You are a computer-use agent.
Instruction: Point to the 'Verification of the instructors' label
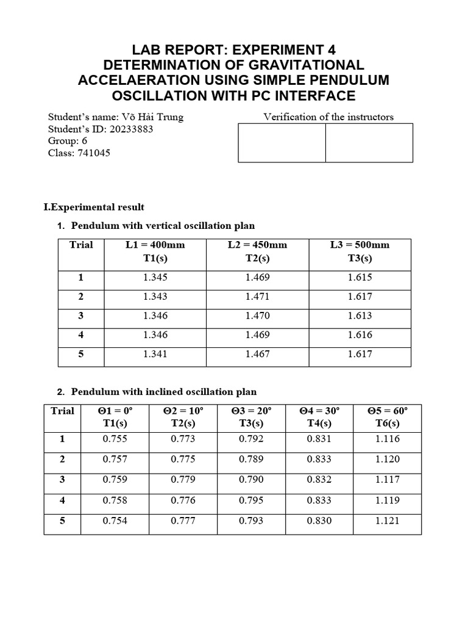click(328, 117)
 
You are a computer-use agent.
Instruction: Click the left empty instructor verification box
click(282, 143)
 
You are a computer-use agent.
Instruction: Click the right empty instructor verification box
click(369, 143)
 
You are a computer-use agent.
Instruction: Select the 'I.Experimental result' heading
click(94, 208)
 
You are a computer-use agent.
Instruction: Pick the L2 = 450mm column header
click(257, 251)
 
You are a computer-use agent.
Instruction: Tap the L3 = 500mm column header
click(360, 251)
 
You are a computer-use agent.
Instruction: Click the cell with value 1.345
click(155, 277)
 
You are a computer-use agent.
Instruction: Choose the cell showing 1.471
click(257, 297)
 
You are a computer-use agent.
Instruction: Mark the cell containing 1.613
click(360, 316)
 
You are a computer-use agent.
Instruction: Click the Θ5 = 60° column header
click(388, 417)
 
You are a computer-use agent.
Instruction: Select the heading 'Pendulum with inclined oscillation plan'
click(164, 392)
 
